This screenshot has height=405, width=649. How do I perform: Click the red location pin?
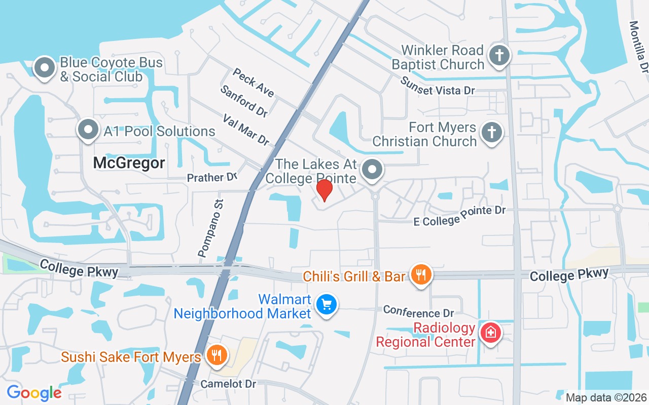tap(324, 190)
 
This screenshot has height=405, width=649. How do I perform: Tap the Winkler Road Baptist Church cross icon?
tap(499, 56)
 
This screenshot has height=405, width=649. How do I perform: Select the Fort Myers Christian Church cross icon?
tap(491, 133)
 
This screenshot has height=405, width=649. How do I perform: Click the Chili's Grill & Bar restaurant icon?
tap(420, 275)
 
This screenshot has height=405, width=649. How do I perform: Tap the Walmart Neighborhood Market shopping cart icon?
tap(327, 305)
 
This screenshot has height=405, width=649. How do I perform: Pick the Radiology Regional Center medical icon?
tap(490, 333)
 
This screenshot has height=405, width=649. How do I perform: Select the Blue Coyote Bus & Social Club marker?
tap(45, 68)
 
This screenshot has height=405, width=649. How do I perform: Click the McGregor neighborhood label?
tap(129, 163)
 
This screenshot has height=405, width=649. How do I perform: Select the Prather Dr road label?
tap(212, 178)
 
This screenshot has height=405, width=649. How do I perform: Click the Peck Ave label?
tap(254, 83)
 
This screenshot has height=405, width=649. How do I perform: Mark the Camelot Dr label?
tap(228, 384)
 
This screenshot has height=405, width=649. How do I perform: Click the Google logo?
tap(34, 392)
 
